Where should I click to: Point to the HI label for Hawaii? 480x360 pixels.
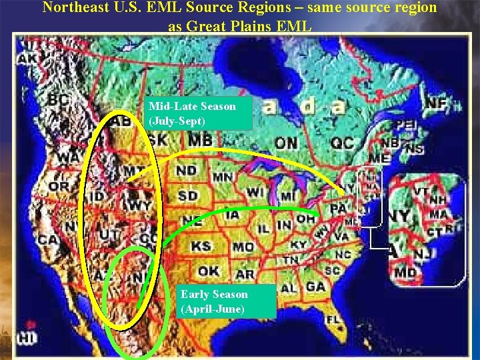[x=26, y=338]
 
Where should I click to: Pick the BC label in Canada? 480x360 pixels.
[x=59, y=100]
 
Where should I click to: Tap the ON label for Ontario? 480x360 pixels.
[x=286, y=143]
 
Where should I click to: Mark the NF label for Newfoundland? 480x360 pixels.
[x=436, y=104]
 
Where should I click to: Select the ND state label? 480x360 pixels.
[x=186, y=171]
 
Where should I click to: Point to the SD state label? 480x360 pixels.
[x=187, y=196]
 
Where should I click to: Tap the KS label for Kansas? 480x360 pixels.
[x=201, y=247]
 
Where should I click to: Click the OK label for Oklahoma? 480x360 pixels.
[x=209, y=271]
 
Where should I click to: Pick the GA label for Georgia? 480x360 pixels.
[x=316, y=286]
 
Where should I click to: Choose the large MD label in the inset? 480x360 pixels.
[x=405, y=273]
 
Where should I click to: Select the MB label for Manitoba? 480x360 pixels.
[x=200, y=141]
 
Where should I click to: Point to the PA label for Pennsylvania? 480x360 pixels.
[x=339, y=209]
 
